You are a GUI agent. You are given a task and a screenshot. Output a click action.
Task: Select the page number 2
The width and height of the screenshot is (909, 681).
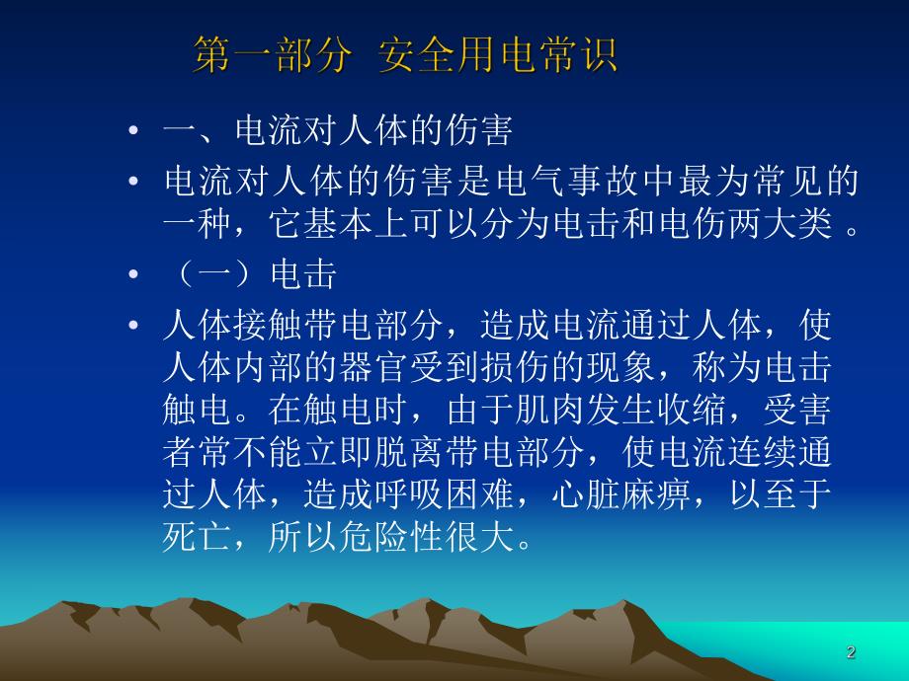(x=852, y=652)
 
